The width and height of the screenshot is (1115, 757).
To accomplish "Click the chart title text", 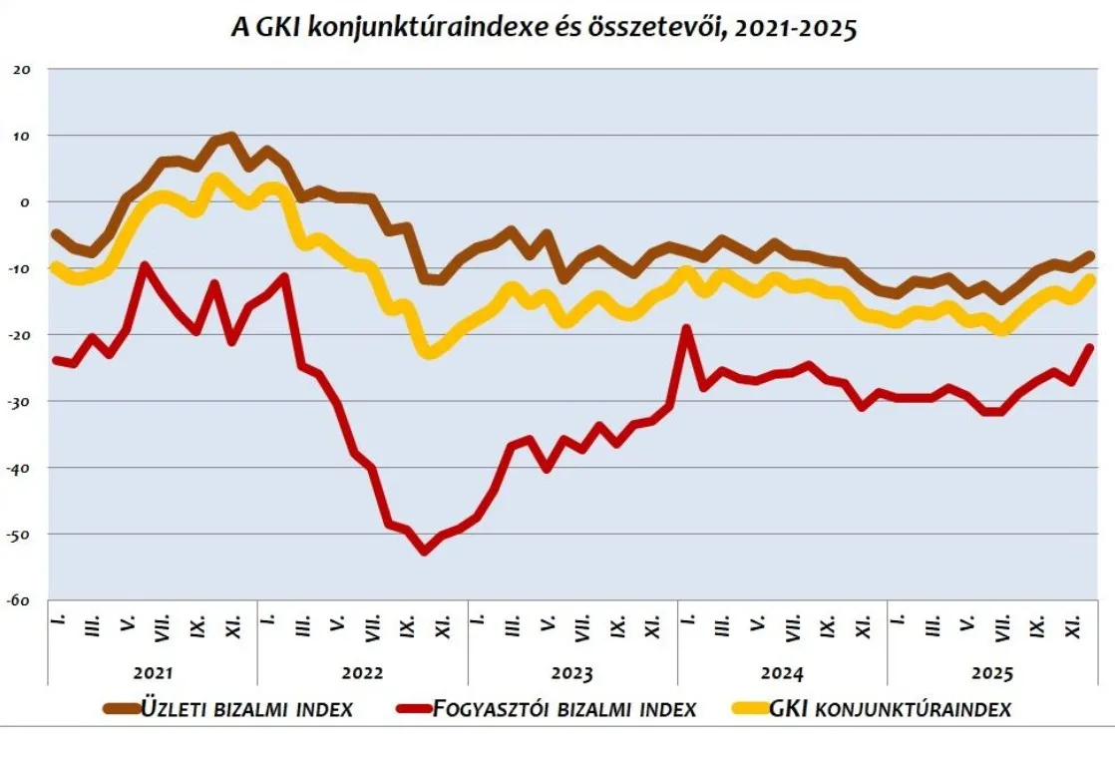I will [544, 29].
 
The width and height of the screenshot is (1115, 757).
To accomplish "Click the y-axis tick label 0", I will [28, 201].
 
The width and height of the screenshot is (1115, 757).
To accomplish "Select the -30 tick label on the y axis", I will [22, 401].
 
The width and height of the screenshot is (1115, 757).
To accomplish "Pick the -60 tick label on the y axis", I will [22, 600].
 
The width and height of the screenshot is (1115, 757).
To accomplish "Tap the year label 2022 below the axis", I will [363, 673].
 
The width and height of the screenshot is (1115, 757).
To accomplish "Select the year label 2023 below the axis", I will [572, 673].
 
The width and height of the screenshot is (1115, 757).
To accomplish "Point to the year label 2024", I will [782, 673].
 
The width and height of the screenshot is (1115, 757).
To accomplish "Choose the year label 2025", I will [991, 673].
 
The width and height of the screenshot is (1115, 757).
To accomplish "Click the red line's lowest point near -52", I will [424, 550].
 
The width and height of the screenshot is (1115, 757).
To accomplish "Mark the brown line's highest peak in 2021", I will [231, 137].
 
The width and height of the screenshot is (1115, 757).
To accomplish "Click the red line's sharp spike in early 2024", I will [686, 328].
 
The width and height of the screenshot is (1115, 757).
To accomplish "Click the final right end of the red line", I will [1089, 348].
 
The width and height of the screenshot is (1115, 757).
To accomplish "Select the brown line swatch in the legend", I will [121, 709].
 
